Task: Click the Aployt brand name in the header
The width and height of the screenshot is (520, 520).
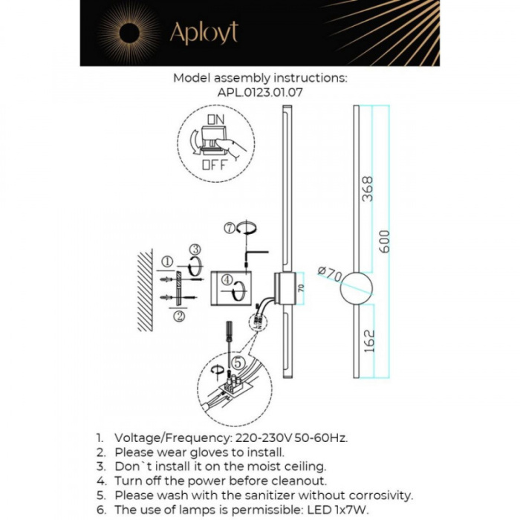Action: tap(204, 33)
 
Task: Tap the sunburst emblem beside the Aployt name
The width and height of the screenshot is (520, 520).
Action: tap(129, 33)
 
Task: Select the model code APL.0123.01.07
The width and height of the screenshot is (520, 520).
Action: tap(260, 93)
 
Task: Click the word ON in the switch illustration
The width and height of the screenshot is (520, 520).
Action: tap(215, 119)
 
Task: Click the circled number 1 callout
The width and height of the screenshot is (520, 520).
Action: tap(167, 261)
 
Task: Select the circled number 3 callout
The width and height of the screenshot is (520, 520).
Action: tap(195, 250)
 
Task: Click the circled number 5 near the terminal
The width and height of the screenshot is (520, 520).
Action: tap(237, 363)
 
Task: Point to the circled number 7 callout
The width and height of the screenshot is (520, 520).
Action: tap(230, 228)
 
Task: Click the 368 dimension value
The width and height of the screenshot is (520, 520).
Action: tap(369, 189)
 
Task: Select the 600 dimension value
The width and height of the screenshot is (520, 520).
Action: tap(385, 240)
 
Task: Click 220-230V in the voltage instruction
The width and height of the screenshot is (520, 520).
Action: tap(262, 438)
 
